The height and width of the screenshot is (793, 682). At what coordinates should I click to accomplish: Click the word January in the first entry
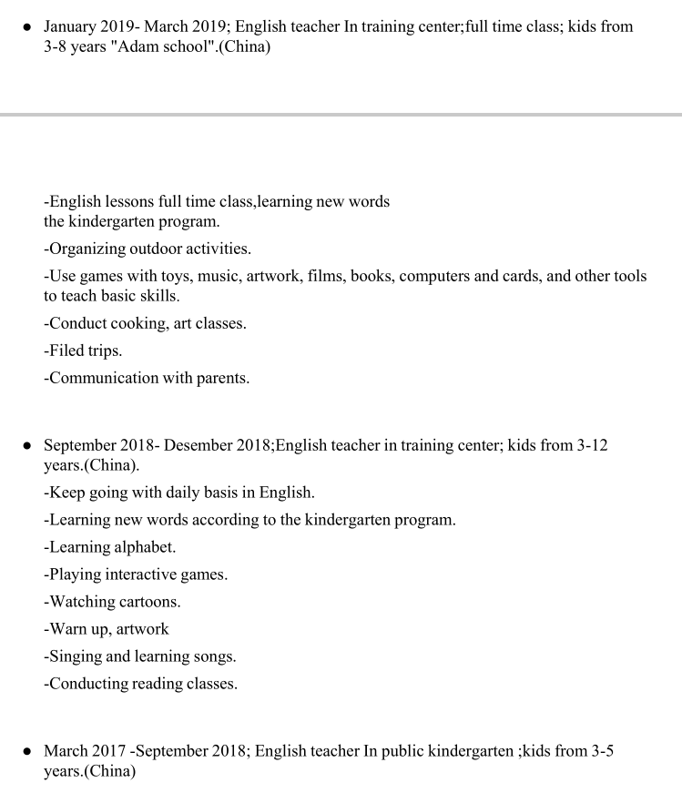[74, 26]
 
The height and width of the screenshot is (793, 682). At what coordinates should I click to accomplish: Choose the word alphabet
[145, 547]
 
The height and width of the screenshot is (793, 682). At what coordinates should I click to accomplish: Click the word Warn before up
[67, 629]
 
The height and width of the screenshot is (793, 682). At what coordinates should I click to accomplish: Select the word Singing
[76, 656]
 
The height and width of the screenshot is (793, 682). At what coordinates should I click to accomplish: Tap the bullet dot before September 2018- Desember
[28, 446]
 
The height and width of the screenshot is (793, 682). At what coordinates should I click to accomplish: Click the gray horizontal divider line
[341, 115]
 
